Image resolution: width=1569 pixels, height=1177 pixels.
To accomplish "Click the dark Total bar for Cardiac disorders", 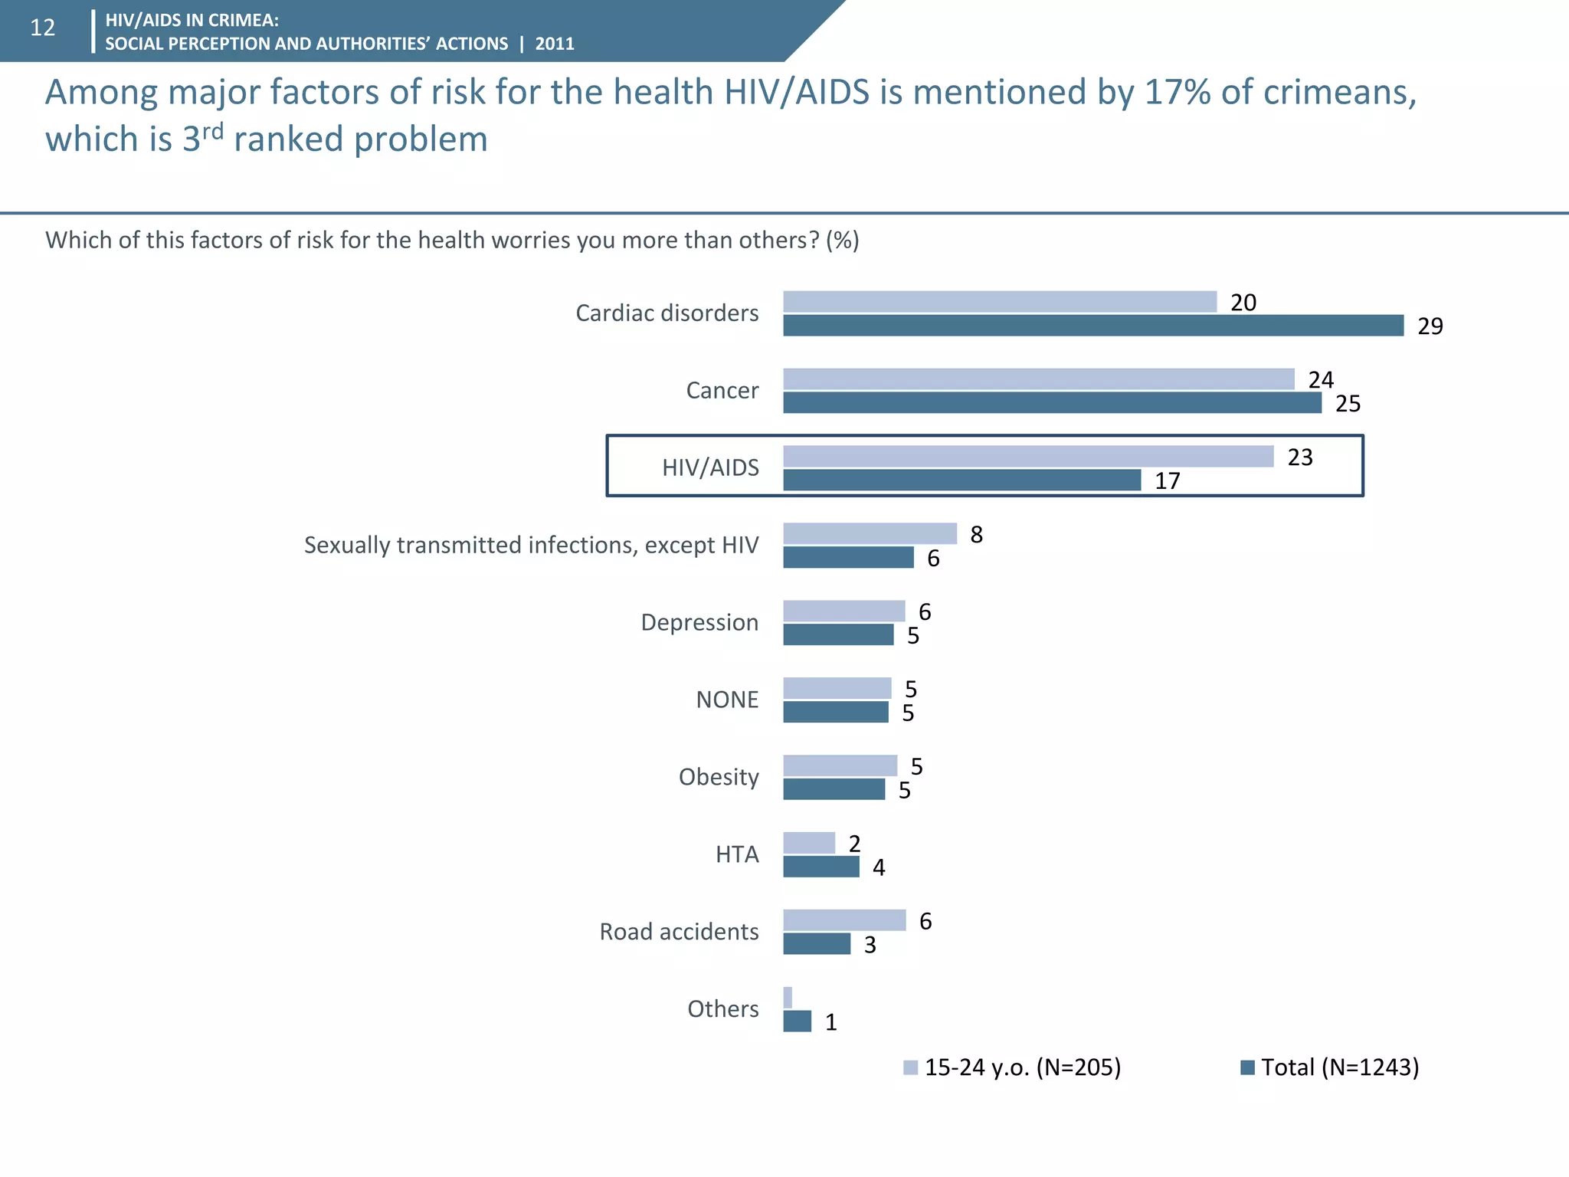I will [x=1092, y=326].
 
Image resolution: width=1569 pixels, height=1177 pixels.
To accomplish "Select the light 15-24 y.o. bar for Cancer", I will [x=1038, y=379].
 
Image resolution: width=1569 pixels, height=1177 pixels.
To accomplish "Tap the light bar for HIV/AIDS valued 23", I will [x=1028, y=457].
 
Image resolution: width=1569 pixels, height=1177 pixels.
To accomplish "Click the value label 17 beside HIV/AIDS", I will [x=1167, y=481].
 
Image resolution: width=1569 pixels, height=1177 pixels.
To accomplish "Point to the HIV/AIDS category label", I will [x=710, y=467].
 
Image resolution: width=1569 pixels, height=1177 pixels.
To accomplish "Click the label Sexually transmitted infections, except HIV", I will [x=531, y=545].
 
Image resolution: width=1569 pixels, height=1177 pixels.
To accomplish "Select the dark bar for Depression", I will [x=838, y=634].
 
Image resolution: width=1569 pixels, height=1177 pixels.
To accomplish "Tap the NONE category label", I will [x=727, y=700].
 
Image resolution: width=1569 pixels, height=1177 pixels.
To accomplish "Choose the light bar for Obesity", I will [x=840, y=766].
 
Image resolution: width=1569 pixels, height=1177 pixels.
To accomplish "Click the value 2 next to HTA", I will [x=854, y=844].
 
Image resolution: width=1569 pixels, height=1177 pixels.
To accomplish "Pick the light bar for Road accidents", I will [x=844, y=920].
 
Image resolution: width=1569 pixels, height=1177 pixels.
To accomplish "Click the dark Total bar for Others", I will [x=797, y=1021].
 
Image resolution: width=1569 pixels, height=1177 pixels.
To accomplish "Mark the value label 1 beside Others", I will [x=830, y=1022].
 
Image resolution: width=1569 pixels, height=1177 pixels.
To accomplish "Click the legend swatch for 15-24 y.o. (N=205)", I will [x=910, y=1067].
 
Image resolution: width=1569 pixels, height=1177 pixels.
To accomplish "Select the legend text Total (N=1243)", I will [x=1340, y=1067].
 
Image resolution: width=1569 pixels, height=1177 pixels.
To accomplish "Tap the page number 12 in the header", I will [x=42, y=28].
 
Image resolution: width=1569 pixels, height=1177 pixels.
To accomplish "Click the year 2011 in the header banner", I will [x=555, y=44].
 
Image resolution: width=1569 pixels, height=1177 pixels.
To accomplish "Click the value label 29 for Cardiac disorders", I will [x=1430, y=326].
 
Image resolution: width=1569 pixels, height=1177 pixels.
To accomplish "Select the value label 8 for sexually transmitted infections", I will [x=976, y=535].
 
